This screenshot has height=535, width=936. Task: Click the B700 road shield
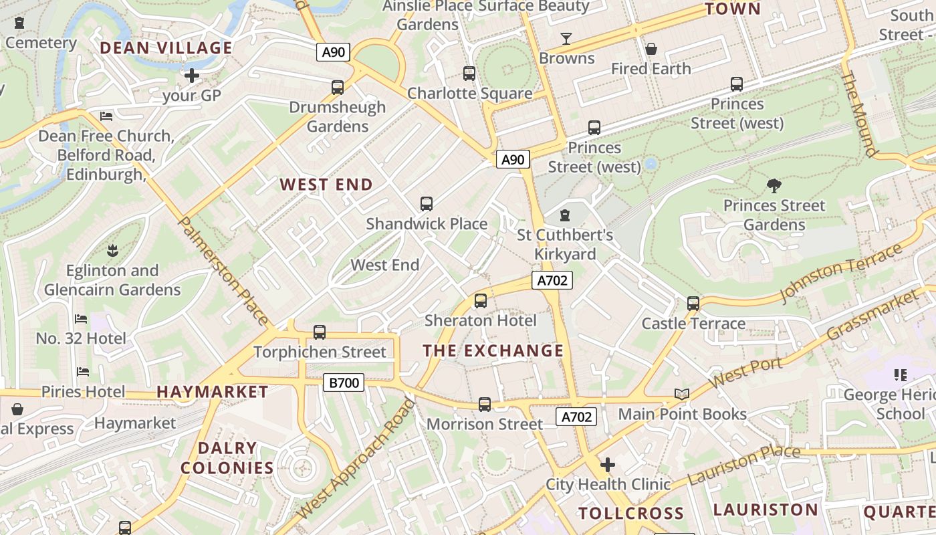click(x=344, y=383)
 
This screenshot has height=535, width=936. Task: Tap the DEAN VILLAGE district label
click(x=166, y=48)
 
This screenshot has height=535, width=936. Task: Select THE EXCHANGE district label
click(x=493, y=351)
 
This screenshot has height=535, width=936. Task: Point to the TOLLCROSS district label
click(x=631, y=514)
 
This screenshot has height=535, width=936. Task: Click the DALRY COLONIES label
click(x=227, y=458)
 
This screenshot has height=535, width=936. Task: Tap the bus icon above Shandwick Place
click(x=426, y=204)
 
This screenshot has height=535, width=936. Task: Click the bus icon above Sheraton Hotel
click(x=480, y=301)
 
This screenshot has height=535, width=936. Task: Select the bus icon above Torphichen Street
click(x=320, y=332)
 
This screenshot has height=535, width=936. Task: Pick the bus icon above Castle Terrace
click(x=693, y=304)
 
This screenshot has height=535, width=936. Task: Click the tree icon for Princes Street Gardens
click(x=774, y=185)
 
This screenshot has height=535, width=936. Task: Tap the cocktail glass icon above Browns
click(x=566, y=39)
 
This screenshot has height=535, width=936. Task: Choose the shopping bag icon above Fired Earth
click(x=651, y=49)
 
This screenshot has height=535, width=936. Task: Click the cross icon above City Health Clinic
click(x=608, y=464)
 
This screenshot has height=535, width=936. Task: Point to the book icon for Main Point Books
click(x=681, y=395)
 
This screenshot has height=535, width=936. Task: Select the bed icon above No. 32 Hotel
click(x=81, y=319)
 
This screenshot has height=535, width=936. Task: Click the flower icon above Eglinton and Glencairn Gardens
click(x=112, y=251)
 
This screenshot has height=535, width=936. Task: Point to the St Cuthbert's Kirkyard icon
click(x=565, y=215)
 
